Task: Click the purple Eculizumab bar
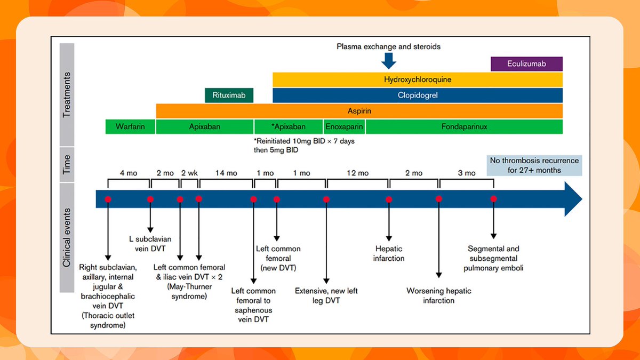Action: coord(526,64)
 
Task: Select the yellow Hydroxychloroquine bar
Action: coord(418,79)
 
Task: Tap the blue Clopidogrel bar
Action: coord(418,95)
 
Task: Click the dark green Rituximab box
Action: coord(229,95)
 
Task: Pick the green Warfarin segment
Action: coord(131,127)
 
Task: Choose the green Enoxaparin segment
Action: coord(344,127)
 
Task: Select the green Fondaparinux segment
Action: coord(464,127)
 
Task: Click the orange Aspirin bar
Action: coord(359,111)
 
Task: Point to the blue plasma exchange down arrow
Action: coord(389,60)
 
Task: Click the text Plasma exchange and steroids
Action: coord(388,46)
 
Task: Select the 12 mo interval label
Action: coord(357,173)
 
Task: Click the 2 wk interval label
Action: coord(189,173)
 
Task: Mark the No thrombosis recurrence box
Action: coord(534,165)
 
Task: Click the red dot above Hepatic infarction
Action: coord(389,199)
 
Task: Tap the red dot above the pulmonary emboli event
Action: coord(493,199)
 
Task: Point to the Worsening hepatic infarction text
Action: coord(439,295)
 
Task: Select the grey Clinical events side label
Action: coord(67,238)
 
